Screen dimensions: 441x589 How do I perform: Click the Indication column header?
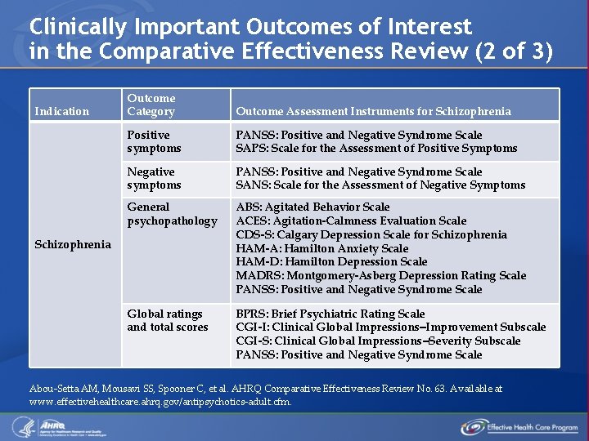click(x=61, y=111)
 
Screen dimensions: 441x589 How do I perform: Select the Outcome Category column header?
click(x=151, y=105)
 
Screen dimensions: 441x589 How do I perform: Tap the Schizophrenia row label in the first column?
click(x=73, y=244)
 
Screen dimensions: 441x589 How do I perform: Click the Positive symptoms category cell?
click(x=155, y=141)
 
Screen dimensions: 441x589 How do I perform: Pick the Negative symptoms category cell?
click(x=155, y=178)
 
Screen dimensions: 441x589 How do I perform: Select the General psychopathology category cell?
click(x=172, y=214)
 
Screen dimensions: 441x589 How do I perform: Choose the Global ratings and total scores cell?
click(x=167, y=320)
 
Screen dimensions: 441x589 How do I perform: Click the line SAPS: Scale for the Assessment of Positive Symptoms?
click(x=376, y=149)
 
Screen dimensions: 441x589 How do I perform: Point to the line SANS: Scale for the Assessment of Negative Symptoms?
click(x=380, y=185)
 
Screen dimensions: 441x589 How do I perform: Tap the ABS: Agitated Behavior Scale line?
click(x=312, y=207)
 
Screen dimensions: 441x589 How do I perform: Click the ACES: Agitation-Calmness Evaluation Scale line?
click(x=351, y=220)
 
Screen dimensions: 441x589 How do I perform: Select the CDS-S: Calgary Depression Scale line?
click(x=371, y=234)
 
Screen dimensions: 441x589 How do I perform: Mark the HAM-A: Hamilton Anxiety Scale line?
click(x=321, y=248)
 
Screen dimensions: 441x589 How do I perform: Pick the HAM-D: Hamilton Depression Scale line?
click(x=331, y=262)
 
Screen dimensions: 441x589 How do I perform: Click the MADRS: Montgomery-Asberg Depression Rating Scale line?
click(x=380, y=276)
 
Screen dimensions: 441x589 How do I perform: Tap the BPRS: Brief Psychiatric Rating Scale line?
click(x=330, y=314)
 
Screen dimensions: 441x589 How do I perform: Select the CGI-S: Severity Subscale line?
click(x=378, y=341)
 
